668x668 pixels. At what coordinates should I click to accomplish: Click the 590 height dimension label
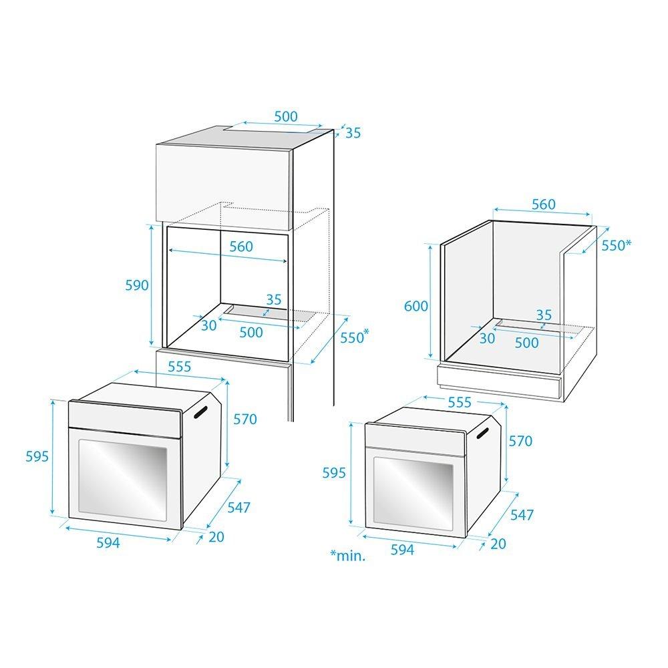coord(137,285)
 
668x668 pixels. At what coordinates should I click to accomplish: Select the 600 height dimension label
coord(415,306)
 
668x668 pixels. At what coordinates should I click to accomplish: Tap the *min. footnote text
coord(348,555)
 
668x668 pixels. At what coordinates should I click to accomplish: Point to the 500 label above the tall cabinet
coord(286,116)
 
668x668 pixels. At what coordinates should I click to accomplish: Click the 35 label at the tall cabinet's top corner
coord(353,134)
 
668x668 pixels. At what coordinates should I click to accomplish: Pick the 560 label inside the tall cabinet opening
coord(241,246)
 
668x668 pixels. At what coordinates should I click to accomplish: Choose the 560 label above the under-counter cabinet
coord(544,204)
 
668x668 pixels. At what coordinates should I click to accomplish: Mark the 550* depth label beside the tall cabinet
coord(353,337)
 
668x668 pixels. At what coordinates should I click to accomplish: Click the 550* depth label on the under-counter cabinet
coord(616,245)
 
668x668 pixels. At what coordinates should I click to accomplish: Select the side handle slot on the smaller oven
coord(483,434)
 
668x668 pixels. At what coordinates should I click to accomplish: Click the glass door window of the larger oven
coord(123,480)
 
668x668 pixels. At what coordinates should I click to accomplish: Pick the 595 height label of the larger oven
coord(37,456)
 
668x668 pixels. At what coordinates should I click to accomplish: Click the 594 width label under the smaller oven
coord(402,550)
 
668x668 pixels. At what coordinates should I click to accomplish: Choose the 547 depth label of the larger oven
coord(238,508)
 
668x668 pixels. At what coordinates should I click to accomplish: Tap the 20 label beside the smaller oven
coord(498,544)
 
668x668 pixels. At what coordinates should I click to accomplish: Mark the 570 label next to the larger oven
coord(245,420)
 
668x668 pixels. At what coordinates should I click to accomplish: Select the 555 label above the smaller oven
coord(460,402)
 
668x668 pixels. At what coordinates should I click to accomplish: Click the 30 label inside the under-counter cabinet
coord(487,338)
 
